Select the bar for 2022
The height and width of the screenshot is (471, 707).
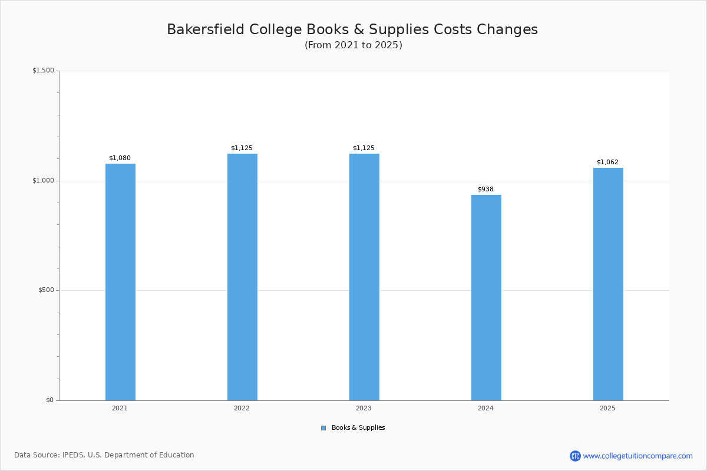coord(242,277)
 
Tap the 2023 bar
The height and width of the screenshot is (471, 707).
coord(364,277)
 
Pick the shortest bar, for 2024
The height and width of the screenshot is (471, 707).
coord(486,297)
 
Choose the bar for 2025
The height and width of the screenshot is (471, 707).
coord(608,284)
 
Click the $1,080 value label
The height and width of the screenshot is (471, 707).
coord(120,158)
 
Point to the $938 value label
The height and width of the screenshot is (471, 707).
coord(485,189)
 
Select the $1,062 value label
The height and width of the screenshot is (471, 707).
coord(607,162)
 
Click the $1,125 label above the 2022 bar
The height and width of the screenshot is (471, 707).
coord(242,148)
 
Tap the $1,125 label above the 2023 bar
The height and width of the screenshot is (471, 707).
coord(364,148)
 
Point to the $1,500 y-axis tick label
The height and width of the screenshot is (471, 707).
coord(43,71)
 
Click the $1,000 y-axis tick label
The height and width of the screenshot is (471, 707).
coord(43,181)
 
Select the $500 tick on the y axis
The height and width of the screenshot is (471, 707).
coord(46,290)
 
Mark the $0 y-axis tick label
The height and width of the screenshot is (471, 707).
coord(49,400)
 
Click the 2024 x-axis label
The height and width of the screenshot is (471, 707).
coord(485,408)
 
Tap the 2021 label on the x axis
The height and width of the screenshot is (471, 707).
coord(120,408)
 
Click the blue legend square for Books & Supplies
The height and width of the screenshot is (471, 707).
coord(323,428)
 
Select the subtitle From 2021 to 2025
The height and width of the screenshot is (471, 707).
coord(353,45)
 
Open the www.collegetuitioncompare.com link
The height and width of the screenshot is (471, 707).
coord(637,456)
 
